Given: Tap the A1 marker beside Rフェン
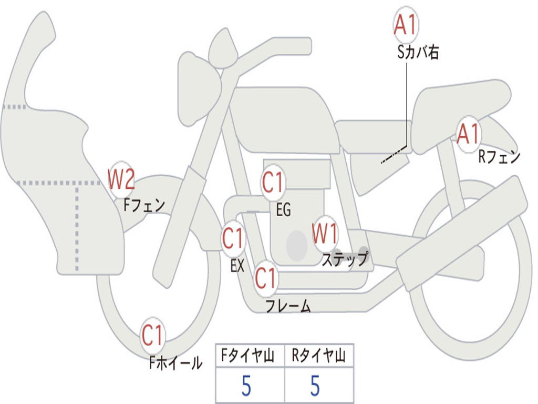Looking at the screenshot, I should click(x=468, y=134).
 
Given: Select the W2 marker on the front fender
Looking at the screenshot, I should click(x=121, y=179).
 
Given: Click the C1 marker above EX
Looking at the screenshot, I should click(x=233, y=239).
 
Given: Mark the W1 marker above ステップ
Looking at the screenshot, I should click(x=325, y=234).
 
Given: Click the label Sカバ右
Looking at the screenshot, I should click(x=418, y=52).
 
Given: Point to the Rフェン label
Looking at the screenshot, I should click(x=499, y=156).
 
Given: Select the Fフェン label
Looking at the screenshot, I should click(x=144, y=205).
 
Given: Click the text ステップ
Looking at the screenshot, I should click(x=345, y=259).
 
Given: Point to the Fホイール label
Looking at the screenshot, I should click(x=175, y=362).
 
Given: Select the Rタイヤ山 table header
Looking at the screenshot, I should click(x=318, y=357).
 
